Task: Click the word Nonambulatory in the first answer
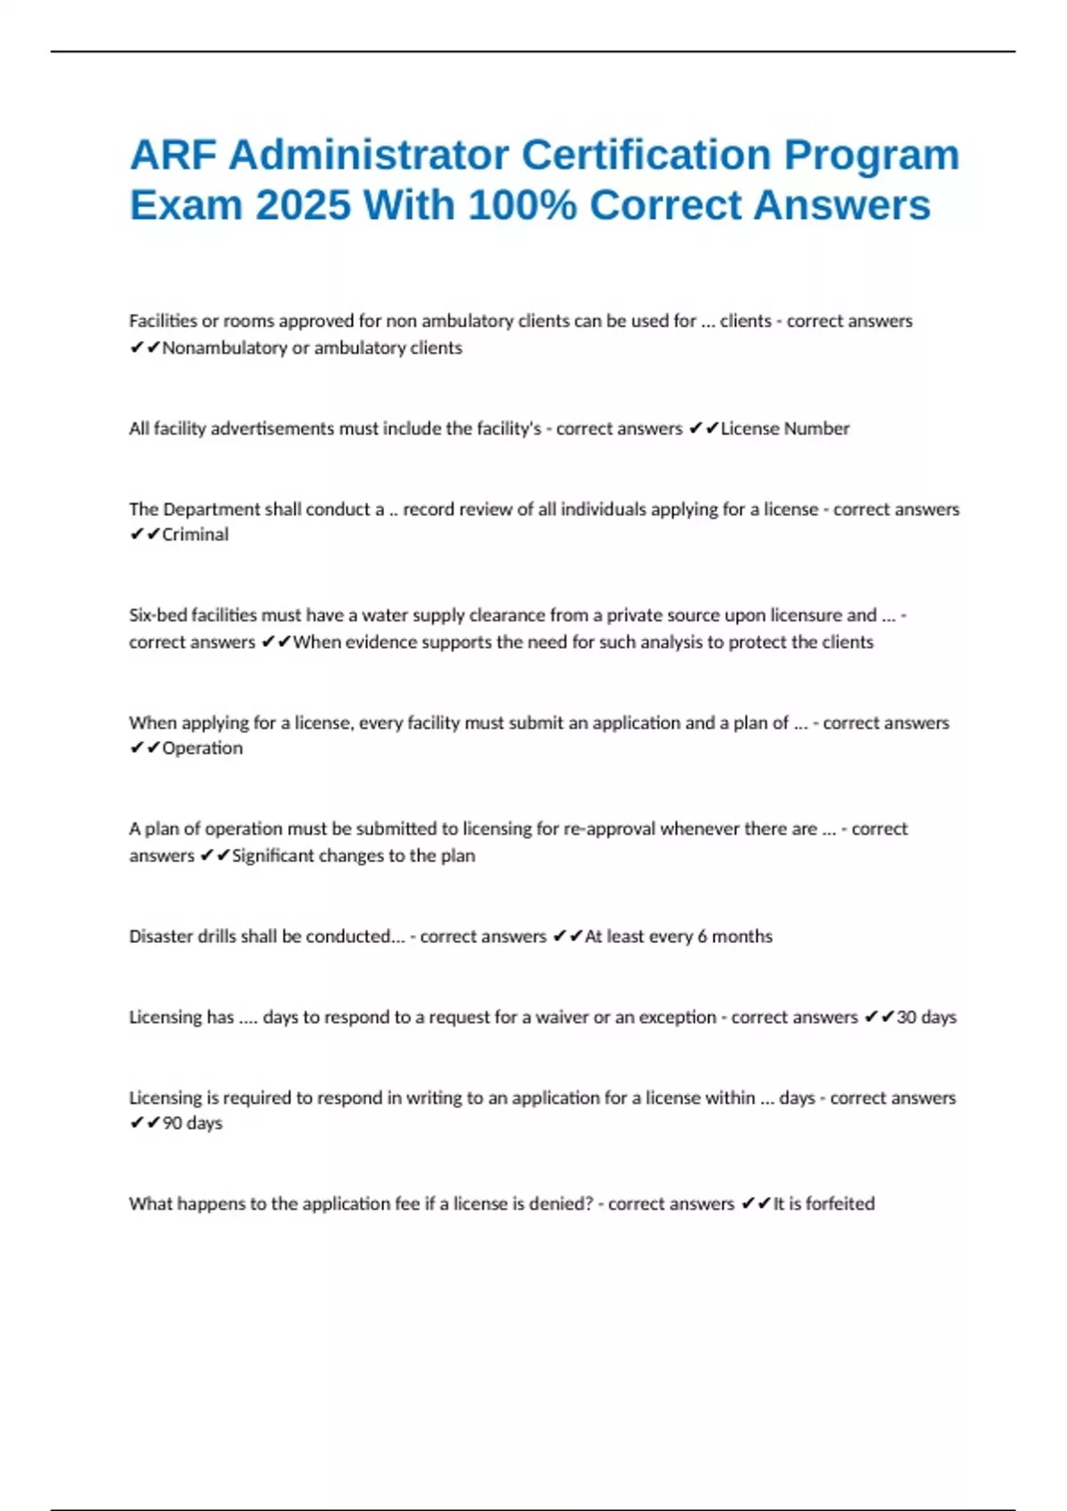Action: click(224, 348)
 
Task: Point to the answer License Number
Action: click(784, 428)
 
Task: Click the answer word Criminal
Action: click(195, 534)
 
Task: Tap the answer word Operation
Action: click(202, 748)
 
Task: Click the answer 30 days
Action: click(926, 1017)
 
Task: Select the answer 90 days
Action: click(192, 1123)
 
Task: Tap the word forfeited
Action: click(840, 1203)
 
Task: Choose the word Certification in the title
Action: click(646, 156)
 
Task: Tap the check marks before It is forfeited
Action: click(756, 1203)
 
